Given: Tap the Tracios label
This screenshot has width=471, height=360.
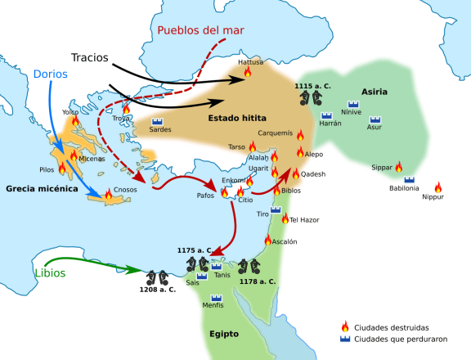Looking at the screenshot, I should pos(90,58).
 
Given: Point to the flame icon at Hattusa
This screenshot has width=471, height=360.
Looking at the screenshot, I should pos(247,73).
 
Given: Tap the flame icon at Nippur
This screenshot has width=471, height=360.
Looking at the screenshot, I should pos(437,187).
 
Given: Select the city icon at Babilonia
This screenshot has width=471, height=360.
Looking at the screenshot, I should pos(409,179).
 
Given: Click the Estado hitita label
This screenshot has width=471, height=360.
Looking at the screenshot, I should pos(237,118).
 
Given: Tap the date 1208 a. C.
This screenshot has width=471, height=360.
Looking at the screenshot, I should pos(157,290).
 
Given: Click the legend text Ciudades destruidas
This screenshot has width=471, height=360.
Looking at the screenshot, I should pos(388,326).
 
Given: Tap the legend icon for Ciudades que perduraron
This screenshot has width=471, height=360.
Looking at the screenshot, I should pos(345,339).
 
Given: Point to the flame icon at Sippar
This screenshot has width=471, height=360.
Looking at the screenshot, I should pos(398,167).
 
